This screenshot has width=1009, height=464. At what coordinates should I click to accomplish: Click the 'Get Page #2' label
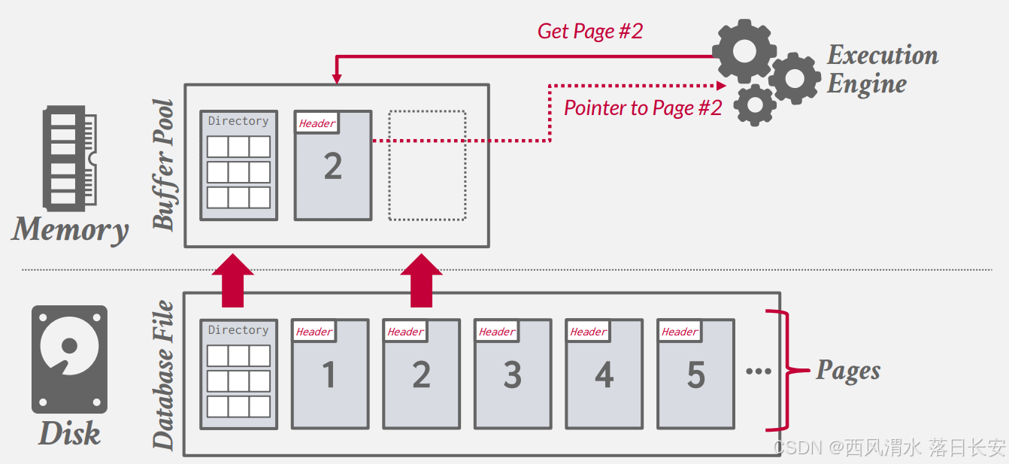pyautogui.click(x=590, y=31)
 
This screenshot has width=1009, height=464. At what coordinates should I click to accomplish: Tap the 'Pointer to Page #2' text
pyautogui.click(x=642, y=108)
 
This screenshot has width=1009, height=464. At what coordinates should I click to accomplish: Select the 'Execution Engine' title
pyautogui.click(x=882, y=69)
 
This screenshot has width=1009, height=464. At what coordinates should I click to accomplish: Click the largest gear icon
pyautogui.click(x=744, y=51)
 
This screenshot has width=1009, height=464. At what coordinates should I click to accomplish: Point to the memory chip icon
pyautogui.click(x=72, y=157)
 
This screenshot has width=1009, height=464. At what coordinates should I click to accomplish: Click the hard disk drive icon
pyautogui.click(x=69, y=359)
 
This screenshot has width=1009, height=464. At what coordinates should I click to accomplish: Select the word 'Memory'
pyautogui.click(x=70, y=229)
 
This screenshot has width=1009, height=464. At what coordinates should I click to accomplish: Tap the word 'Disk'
pyautogui.click(x=69, y=434)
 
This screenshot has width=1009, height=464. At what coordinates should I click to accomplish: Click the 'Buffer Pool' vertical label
pyautogui.click(x=163, y=165)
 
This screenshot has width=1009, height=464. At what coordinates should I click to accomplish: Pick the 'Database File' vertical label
pyautogui.click(x=163, y=375)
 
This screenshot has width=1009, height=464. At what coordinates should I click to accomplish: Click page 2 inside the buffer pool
pyautogui.click(x=332, y=165)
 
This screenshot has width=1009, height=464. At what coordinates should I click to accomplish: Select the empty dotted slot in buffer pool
pyautogui.click(x=427, y=165)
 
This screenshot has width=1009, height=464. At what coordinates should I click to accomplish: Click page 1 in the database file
pyautogui.click(x=329, y=375)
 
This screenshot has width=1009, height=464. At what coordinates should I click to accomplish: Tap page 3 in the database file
pyautogui.click(x=513, y=375)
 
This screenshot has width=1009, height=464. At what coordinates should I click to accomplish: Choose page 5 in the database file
pyautogui.click(x=695, y=375)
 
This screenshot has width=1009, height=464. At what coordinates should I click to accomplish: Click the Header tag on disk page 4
pyautogui.click(x=589, y=332)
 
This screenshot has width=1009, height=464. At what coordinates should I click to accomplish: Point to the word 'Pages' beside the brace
pyautogui.click(x=848, y=370)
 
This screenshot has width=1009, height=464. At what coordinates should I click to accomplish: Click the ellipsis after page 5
pyautogui.click(x=759, y=371)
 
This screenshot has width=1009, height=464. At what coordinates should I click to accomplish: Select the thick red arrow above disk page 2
pyautogui.click(x=421, y=281)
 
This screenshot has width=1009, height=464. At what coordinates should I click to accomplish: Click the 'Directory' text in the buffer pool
pyautogui.click(x=238, y=121)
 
